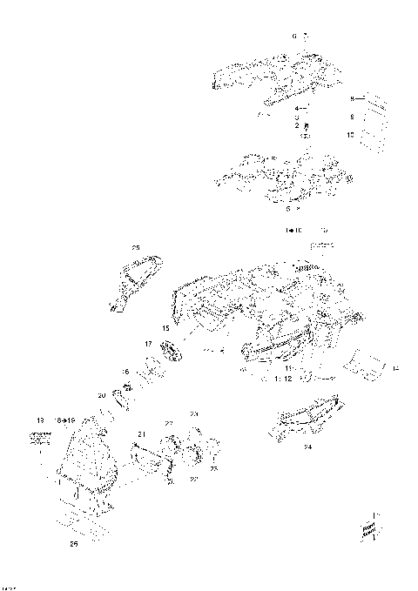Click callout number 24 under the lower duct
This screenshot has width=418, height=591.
307,446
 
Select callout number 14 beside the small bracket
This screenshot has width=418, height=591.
394,370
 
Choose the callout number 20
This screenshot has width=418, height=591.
102,395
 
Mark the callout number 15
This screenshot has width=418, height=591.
165,328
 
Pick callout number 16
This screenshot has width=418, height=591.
125,372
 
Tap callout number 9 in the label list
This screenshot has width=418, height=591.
352,116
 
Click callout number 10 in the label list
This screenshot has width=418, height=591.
351,135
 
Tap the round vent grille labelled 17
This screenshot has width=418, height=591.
170,355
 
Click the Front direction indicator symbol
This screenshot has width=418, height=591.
368,527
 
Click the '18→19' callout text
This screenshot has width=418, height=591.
66,419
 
